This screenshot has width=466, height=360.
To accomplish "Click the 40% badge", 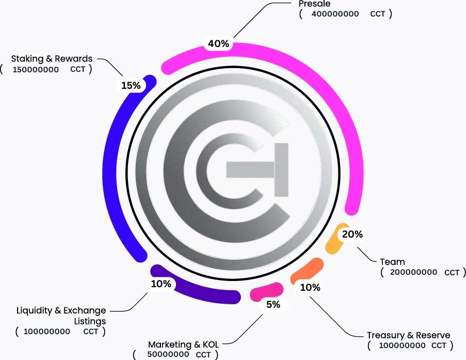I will tap(218, 44).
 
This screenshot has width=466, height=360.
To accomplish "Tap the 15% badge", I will tap(131, 86).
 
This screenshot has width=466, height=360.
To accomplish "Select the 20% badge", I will tap(352, 234).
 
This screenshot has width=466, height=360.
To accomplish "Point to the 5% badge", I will tap(273, 305).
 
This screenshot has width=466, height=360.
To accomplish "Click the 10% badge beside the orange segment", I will tap(310, 288).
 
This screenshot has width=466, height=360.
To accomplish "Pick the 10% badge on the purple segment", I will tap(161, 284).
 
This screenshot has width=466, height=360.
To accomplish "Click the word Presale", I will tap(314, 4).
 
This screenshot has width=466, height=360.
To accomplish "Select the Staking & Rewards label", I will tap(52, 58).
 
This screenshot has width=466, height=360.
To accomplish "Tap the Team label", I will tap(392, 262).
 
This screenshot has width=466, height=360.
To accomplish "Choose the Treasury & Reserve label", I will tap(408, 335).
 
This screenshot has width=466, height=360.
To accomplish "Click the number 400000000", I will tap(335, 14).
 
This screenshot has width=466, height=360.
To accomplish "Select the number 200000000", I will tap(414, 272).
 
